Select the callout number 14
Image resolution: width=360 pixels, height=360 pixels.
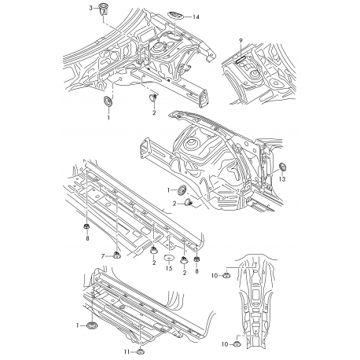196,17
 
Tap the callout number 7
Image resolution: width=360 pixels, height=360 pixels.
102,256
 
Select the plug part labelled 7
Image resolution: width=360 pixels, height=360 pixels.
116,253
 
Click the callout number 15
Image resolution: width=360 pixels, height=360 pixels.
168,270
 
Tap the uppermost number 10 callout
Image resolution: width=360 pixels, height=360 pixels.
214,274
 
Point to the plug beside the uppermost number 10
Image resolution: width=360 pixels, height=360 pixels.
227,274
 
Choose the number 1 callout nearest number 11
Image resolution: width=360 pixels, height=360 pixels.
78,325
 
